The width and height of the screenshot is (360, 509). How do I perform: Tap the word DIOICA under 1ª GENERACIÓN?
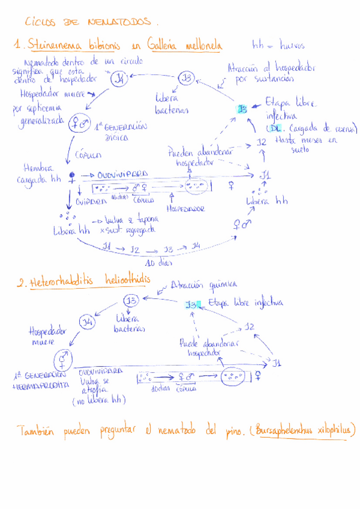point(116,137)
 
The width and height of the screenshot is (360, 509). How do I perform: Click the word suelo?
point(299,150)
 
